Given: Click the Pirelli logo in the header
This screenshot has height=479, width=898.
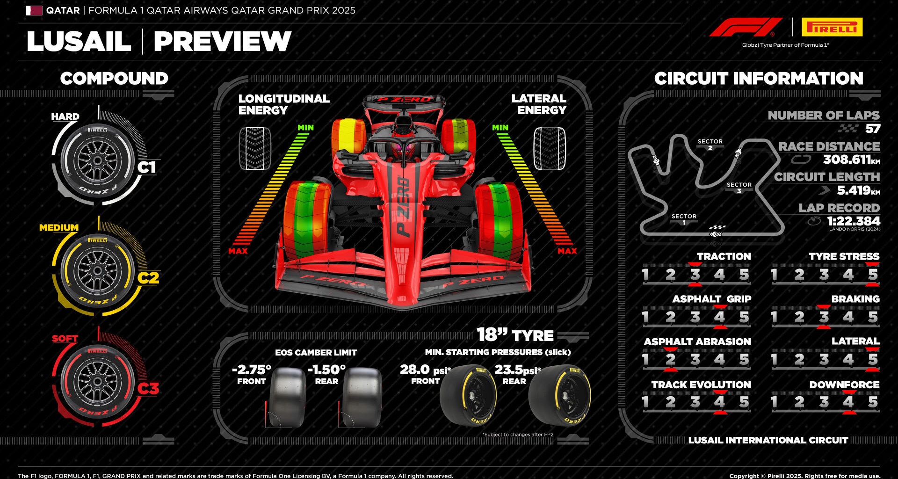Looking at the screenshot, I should pos(832,27).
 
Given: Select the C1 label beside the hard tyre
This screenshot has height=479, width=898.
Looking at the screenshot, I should pos(146,167).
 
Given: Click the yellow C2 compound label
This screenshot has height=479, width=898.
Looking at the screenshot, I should pos(148,278).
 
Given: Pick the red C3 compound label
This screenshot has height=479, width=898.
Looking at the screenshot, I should pos(148,388).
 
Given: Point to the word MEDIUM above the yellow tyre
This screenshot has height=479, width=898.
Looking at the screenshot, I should pos(59,228).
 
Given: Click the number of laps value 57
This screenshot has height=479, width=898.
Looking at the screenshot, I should pos(872,129).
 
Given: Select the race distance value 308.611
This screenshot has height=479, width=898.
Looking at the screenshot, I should pos(847,160).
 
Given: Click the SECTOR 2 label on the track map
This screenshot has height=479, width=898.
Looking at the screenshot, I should pos(710,144).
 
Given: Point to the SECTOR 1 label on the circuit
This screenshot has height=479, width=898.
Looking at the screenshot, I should pos(684,219).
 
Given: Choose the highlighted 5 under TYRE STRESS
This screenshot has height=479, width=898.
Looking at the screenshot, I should pos(873,275).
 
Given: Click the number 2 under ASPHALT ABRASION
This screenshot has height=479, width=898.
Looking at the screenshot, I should pos(670,360).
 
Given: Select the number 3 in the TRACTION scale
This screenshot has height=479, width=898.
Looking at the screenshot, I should pos(695,275).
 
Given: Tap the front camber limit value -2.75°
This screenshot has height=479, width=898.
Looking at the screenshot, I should pos(252,370).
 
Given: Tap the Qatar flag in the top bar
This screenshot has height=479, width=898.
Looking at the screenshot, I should pos(34,10).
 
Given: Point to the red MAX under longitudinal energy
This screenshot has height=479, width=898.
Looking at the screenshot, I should pos(238,251).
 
